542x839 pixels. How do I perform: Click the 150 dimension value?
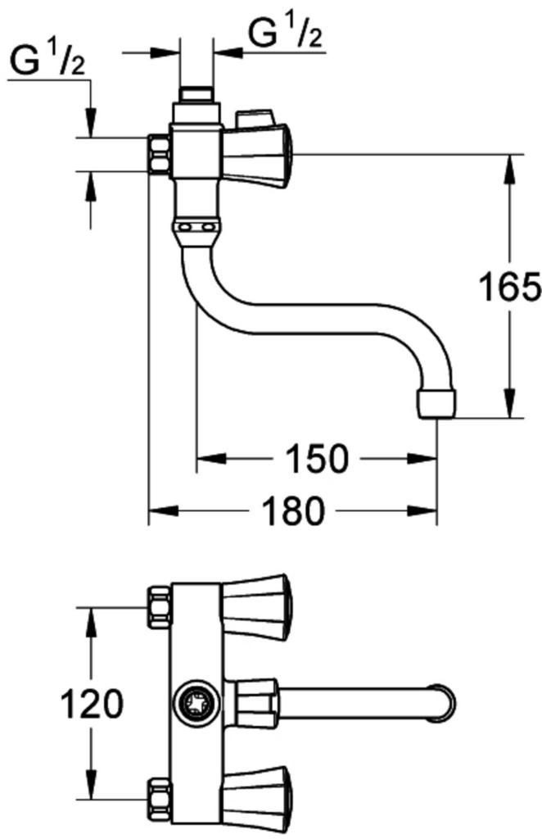[316, 459]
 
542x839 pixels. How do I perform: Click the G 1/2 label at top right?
[286, 33]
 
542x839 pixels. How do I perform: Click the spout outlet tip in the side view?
[436, 404]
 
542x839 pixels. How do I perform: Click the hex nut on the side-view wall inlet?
[160, 154]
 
